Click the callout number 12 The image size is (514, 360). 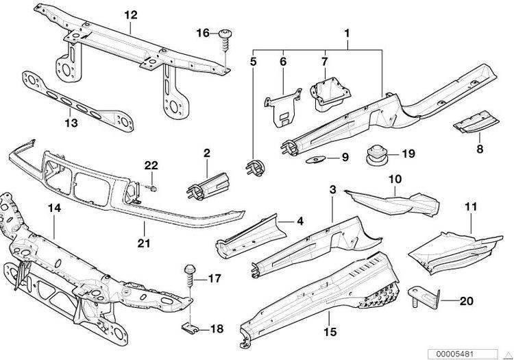point(130,14)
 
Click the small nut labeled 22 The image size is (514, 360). point(154,186)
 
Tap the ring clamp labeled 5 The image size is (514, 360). point(254,165)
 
